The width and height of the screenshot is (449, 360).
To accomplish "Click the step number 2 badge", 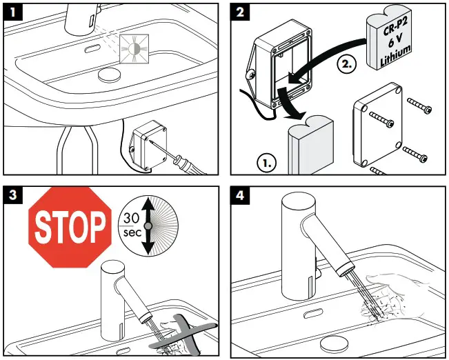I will [239, 11].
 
